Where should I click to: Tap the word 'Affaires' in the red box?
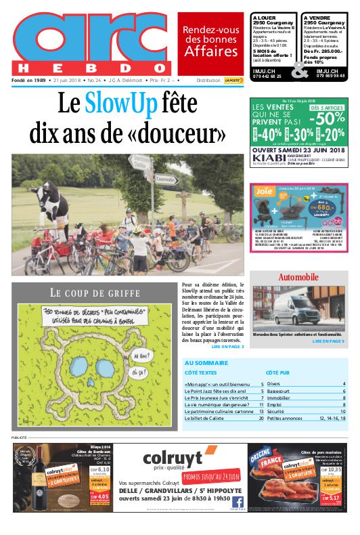pos(211,52)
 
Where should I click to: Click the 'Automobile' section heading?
pos(298,278)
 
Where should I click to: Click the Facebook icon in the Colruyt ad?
pos(238,501)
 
